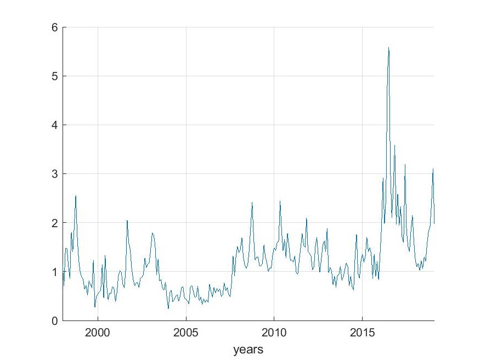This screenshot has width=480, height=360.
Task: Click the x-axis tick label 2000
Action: coord(98,333)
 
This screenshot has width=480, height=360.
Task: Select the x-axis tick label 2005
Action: coord(186,333)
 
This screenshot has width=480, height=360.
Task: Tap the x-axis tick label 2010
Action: coord(274,333)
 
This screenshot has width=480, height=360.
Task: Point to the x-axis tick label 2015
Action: coord(363,333)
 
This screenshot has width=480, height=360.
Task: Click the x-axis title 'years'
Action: coord(248,349)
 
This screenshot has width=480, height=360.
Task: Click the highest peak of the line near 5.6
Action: coord(388,48)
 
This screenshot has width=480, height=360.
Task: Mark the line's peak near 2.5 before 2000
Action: coord(76,196)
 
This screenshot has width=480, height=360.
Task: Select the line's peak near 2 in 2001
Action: coord(127,221)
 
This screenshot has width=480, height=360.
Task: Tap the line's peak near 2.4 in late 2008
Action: coord(252,203)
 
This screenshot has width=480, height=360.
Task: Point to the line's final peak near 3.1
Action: coord(433,169)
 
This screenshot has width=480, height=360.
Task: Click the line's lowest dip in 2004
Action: coord(168,308)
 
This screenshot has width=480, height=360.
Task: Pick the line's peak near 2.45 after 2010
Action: coord(280,201)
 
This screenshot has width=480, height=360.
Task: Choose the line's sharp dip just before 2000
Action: coord(94,307)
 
